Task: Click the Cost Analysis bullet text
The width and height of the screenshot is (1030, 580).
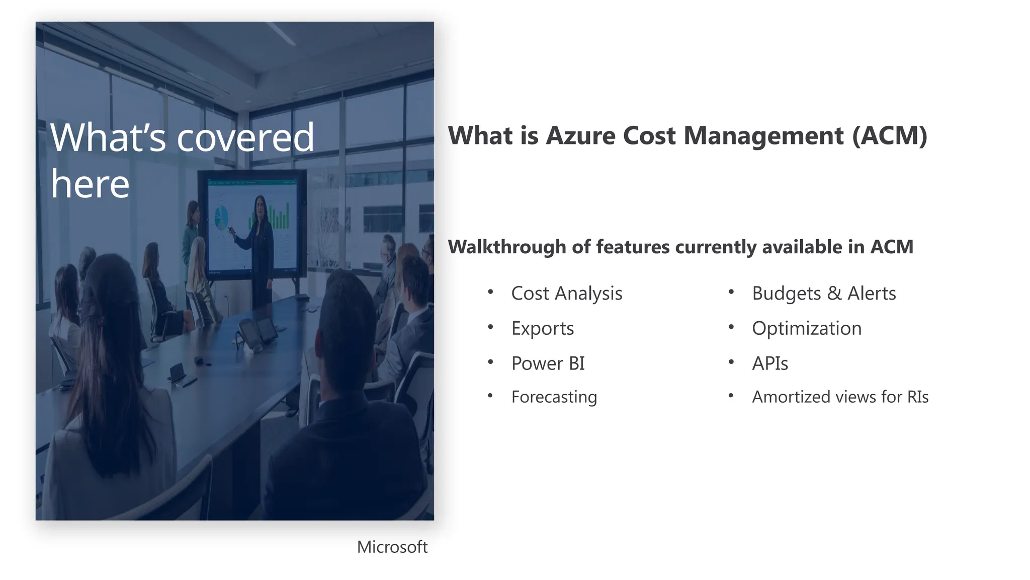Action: (x=567, y=294)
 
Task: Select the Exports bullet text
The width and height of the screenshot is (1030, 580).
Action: (x=543, y=328)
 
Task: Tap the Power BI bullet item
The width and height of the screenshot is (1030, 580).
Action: (x=548, y=364)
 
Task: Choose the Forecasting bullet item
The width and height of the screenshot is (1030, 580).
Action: (x=554, y=397)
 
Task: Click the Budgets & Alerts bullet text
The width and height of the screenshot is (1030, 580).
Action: (x=824, y=294)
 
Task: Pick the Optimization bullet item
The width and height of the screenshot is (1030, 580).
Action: (x=807, y=328)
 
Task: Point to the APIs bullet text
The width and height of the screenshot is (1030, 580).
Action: (x=770, y=364)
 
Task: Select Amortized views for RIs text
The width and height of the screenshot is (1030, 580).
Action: (x=840, y=397)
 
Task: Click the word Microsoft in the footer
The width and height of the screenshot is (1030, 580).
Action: (x=392, y=547)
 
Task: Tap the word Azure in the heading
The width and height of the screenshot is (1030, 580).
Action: (x=580, y=136)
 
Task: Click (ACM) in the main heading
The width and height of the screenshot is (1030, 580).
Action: (x=890, y=136)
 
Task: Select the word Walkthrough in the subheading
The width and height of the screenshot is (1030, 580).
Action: (x=507, y=247)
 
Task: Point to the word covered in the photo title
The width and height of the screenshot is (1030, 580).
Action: (x=246, y=137)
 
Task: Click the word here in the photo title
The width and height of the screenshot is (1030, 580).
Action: (x=90, y=184)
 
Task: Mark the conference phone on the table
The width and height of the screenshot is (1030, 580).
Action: (x=256, y=332)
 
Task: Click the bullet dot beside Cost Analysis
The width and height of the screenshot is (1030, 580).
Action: (x=490, y=292)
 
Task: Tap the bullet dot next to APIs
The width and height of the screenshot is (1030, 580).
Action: (x=731, y=361)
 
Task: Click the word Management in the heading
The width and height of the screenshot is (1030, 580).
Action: (x=763, y=136)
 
